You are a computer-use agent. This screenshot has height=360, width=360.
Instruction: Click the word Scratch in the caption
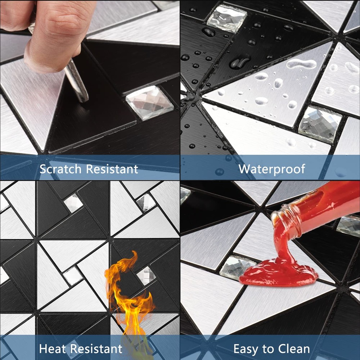[x=60, y=169]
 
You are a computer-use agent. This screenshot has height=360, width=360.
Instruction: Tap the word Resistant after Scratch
[x=112, y=169]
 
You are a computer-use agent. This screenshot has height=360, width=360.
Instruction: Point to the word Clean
[x=294, y=349]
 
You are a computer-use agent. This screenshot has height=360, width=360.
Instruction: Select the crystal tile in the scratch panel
[x=149, y=103]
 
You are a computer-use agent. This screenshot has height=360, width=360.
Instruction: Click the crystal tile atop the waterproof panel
[x=226, y=18]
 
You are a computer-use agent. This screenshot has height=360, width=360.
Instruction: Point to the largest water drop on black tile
[x=239, y=61]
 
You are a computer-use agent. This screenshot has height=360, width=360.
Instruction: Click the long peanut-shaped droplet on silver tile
[x=301, y=63]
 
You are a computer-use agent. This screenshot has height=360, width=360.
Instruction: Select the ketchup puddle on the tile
[x=279, y=273]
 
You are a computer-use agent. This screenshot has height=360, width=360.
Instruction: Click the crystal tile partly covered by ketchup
[x=237, y=267]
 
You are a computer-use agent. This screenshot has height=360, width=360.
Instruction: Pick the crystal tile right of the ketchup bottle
[x=348, y=226]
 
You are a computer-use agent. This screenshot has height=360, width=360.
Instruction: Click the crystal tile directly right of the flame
[x=146, y=275]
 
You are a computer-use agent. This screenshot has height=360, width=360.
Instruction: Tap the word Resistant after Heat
[x=96, y=348]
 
